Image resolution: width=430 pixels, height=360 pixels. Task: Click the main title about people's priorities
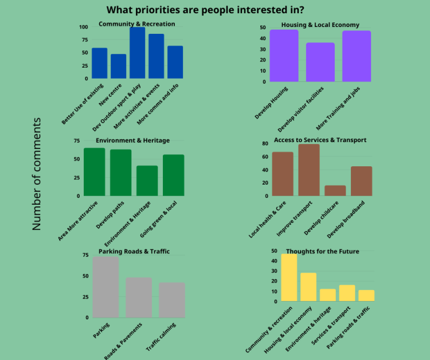(x=205, y=10)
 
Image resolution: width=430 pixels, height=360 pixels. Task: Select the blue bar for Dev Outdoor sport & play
(x=137, y=53)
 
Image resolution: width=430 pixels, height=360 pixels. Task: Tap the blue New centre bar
(x=119, y=66)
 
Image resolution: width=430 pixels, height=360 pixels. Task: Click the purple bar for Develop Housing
(x=284, y=56)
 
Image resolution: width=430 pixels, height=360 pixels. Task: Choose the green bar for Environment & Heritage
(x=147, y=181)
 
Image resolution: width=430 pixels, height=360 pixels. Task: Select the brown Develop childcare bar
(x=335, y=190)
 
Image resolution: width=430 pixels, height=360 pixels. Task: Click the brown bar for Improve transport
(x=309, y=170)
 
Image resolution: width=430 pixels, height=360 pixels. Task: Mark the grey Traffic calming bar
(x=172, y=300)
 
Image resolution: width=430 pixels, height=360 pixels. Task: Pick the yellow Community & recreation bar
(x=289, y=277)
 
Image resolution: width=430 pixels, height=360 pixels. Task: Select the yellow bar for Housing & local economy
(x=308, y=287)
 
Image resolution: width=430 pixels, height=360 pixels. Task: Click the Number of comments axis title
(x=37, y=174)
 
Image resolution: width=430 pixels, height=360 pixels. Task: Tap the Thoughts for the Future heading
(x=322, y=251)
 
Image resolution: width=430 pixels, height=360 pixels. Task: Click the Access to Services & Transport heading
(x=320, y=140)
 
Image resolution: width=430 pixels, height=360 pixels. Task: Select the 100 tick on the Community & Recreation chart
(x=84, y=27)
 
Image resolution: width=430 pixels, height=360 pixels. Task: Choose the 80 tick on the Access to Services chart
(x=265, y=143)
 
